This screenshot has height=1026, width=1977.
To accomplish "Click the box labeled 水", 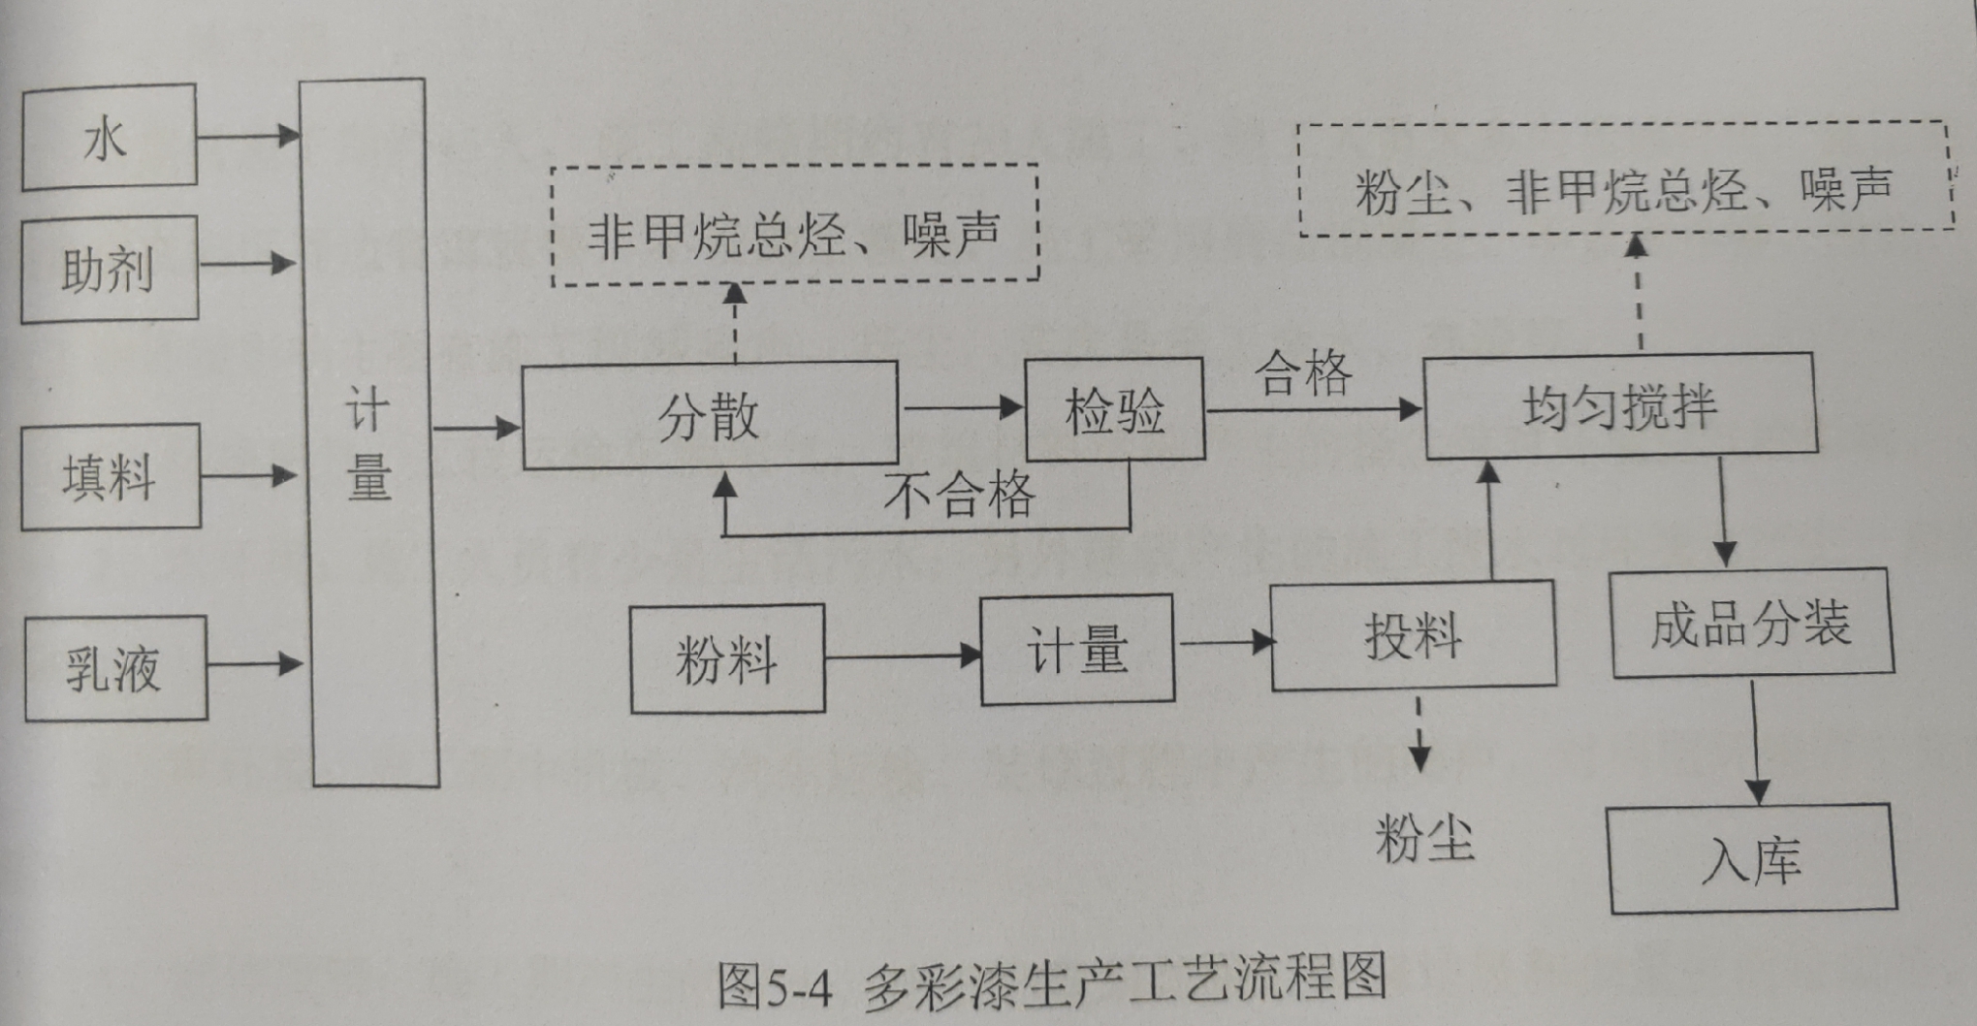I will tap(109, 137).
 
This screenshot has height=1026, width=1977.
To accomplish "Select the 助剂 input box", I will tap(110, 269).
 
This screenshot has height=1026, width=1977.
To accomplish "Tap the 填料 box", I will tap(111, 476).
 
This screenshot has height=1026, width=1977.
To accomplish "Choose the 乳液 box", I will tap(115, 668).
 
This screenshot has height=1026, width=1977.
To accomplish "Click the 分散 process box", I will tap(710, 416).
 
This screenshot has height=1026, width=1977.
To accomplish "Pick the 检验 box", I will tap(1115, 409).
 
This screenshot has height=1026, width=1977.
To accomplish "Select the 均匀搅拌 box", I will tap(1620, 404).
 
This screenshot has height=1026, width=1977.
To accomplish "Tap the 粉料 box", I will tap(727, 659).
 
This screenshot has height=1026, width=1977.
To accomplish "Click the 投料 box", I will tap(1414, 636).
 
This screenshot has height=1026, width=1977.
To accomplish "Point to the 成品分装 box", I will tap(1752, 623).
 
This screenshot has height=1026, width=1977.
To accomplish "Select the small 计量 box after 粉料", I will tap(1077, 649).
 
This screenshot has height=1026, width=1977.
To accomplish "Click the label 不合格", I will tap(959, 495).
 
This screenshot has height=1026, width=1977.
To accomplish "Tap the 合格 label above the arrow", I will tap(1303, 372).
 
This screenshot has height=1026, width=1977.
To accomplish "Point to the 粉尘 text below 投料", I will tap(1424, 838).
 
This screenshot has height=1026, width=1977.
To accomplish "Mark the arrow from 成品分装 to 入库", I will tap(1756, 741).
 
